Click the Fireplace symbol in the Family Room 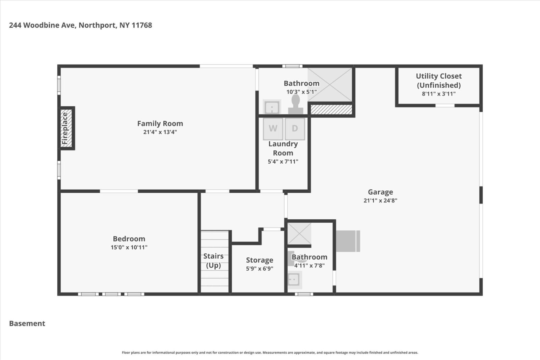coord(66,128)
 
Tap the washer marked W coord(273,129)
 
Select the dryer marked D coord(295,129)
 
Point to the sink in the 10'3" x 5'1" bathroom coord(272,108)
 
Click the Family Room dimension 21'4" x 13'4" coord(160,132)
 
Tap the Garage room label coord(380,192)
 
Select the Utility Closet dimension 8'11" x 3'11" coord(438,94)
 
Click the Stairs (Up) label coord(213,260)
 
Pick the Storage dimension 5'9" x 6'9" coord(259,269)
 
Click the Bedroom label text coord(129,239)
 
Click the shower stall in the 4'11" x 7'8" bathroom coord(299,233)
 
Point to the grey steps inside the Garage coord(348,241)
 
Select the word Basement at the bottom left coord(27,324)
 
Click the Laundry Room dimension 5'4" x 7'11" coord(283,162)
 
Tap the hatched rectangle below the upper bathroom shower coord(331,110)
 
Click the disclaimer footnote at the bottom coord(270,353)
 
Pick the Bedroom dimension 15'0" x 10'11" coord(129,247)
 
